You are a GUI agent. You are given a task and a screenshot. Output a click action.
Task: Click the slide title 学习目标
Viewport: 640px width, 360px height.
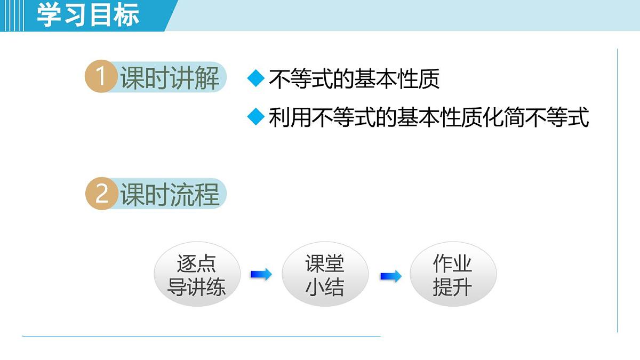pos(88,15)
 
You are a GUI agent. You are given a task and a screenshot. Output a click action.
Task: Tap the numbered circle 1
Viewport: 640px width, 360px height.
pos(100,78)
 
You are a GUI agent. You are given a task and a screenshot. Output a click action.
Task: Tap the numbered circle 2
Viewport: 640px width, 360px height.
pos(101,194)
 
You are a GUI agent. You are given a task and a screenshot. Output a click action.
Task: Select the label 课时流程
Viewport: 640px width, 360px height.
pos(170,195)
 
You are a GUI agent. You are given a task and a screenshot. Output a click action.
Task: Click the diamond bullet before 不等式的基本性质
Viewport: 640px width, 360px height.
pos(256,79)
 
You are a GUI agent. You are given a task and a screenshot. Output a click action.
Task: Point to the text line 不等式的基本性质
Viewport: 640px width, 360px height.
pos(354,79)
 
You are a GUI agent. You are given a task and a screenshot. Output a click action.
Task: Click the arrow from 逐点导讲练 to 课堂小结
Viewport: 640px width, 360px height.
pos(261,275)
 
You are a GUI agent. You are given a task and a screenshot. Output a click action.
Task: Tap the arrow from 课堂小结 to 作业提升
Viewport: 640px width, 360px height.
pos(390,276)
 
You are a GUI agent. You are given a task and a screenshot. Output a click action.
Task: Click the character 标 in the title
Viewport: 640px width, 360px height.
pos(127,15)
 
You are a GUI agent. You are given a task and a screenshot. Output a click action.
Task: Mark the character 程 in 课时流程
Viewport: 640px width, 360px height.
pos(207,195)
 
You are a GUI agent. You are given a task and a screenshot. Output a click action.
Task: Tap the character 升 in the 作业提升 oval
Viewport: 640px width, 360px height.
pos(463,287)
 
